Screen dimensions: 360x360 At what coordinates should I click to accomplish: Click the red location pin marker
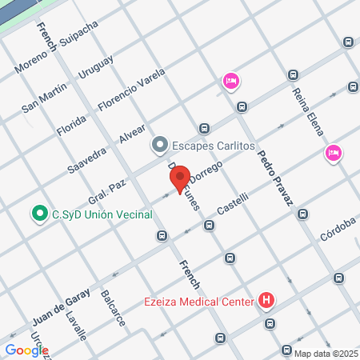[179, 178]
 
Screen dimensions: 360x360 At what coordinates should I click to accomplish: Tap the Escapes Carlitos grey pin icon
[159, 146]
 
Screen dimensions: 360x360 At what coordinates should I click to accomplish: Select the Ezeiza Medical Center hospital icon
[266, 302]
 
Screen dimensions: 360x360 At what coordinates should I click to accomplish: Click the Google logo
[26, 350]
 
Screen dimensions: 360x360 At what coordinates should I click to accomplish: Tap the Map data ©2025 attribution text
[326, 353]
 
